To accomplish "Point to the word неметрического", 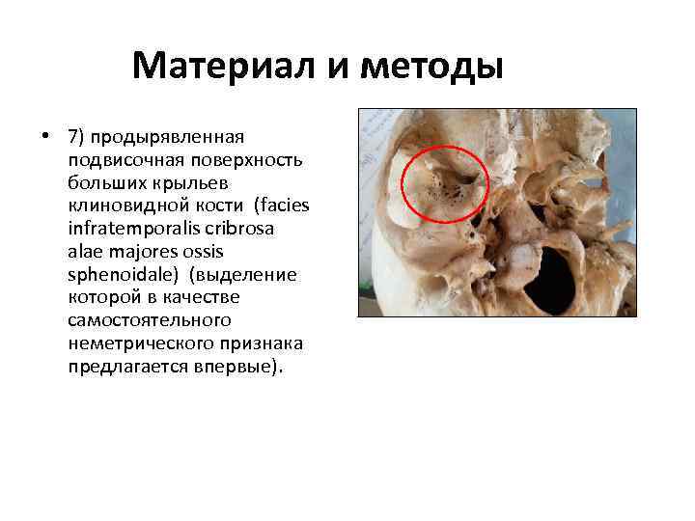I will [136, 344].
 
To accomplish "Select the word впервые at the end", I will [236, 368].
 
